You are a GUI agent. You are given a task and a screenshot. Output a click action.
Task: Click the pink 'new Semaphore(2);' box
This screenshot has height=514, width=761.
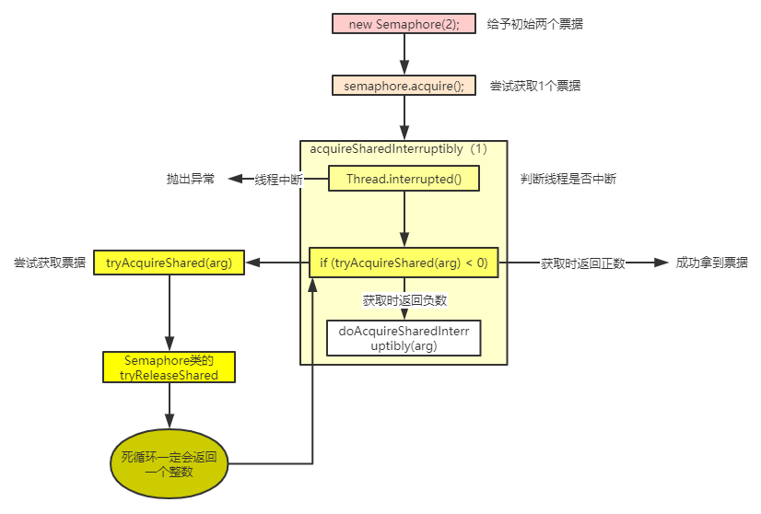point(404,24)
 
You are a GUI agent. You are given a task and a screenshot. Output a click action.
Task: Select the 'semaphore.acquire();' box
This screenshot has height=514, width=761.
point(404,86)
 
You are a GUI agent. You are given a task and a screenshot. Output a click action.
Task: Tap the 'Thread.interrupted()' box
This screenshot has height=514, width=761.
point(404,179)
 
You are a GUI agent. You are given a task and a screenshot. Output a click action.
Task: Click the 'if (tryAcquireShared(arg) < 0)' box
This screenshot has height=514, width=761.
point(404,263)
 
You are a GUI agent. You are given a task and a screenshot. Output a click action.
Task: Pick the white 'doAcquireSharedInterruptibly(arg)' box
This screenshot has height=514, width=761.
point(404,338)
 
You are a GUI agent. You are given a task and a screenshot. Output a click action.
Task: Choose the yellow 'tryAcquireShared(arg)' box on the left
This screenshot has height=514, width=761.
point(169,263)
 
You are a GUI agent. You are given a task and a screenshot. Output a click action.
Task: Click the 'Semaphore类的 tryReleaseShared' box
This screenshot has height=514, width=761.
point(169,367)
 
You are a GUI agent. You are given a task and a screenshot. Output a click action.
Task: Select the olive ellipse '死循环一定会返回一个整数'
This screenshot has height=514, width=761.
point(169,463)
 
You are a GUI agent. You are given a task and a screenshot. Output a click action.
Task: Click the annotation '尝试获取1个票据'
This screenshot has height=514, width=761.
point(534,86)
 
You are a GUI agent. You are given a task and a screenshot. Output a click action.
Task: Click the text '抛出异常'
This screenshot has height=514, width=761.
point(191,180)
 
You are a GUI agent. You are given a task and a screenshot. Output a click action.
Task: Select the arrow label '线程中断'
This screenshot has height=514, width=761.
point(278,180)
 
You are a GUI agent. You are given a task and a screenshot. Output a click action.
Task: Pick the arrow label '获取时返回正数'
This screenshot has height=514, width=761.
point(583,263)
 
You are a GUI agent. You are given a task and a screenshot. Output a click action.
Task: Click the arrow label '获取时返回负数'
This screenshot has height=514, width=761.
point(404,300)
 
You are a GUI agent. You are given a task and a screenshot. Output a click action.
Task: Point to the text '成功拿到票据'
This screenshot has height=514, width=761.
point(711,263)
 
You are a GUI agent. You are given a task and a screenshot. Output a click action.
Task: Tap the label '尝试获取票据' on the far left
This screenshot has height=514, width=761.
point(50,263)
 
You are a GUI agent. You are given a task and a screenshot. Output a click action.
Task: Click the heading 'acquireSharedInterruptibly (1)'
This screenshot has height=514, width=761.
point(398,148)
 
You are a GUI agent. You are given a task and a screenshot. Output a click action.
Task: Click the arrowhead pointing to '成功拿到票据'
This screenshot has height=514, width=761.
point(660,263)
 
